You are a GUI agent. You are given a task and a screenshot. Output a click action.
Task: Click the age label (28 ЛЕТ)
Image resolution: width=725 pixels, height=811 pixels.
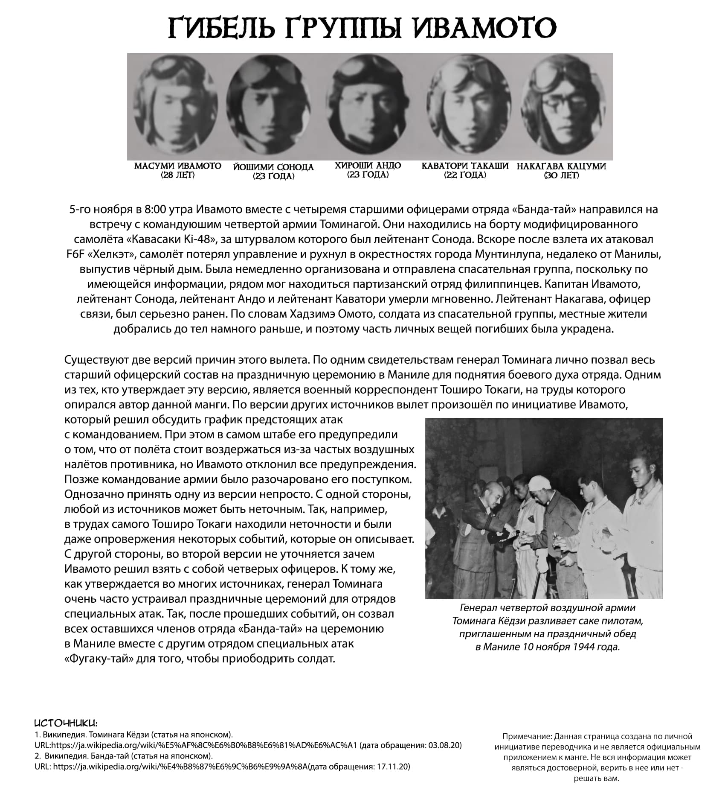point(177,175)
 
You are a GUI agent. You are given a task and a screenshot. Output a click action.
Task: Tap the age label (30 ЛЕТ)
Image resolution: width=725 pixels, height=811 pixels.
point(561,176)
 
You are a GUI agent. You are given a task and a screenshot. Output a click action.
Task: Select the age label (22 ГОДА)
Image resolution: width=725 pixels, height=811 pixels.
point(465,175)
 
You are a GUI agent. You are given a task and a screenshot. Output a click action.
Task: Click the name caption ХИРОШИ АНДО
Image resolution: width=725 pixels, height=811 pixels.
point(368,166)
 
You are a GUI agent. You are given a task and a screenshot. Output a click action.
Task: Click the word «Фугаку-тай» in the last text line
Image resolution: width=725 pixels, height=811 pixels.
point(99,659)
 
